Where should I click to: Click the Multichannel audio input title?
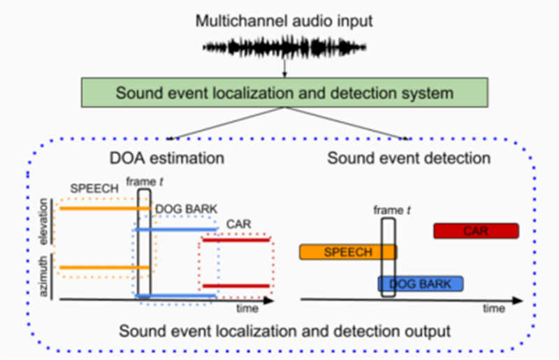tap(284, 20)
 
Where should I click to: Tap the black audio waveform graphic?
tap(284, 48)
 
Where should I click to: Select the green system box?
tap(284, 92)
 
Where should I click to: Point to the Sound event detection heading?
tap(409, 159)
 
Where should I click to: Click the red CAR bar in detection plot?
tap(476, 231)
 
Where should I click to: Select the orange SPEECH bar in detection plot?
tap(348, 252)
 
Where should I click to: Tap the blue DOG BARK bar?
tap(421, 284)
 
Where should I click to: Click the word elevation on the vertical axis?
tap(44, 223)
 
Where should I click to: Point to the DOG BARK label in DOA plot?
tap(184, 208)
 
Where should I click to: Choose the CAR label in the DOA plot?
tap(235, 224)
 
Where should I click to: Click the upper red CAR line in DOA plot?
tap(236, 240)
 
